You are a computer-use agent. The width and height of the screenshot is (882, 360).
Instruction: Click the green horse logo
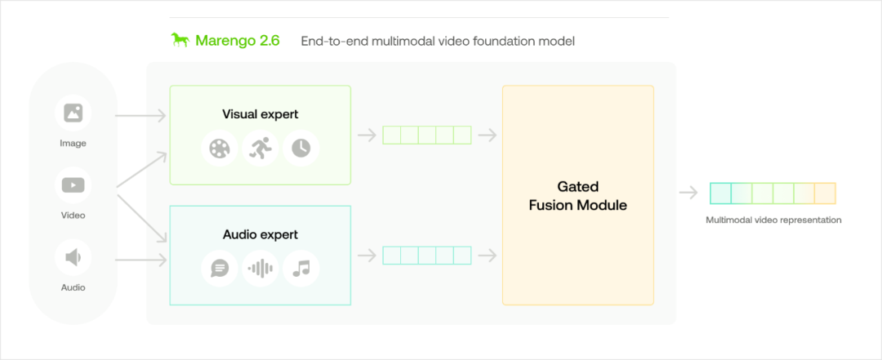coord(180,41)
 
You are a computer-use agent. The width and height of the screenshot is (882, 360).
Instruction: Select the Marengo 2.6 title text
coord(238,41)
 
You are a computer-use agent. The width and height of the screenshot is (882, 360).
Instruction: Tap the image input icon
coord(73,113)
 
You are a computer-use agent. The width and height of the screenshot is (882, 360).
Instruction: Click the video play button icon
coord(73,185)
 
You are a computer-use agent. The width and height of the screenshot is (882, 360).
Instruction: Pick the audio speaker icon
coord(73,258)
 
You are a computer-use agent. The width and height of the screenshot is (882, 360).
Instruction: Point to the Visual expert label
coord(261,114)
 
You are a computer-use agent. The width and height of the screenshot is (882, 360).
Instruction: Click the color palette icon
coord(220,148)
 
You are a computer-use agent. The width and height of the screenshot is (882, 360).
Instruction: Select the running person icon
coord(260,148)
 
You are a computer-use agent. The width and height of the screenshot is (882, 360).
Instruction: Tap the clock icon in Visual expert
coord(301,148)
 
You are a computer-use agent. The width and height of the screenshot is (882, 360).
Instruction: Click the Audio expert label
coord(261,234)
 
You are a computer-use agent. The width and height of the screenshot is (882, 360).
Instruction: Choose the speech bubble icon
coord(220,269)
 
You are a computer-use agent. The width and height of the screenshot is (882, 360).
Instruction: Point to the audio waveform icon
coord(261,269)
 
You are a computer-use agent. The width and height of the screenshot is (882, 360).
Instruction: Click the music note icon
coord(301,269)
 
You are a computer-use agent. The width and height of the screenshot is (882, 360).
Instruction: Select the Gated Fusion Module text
coord(577,196)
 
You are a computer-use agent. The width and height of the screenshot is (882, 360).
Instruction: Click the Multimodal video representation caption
coord(773,220)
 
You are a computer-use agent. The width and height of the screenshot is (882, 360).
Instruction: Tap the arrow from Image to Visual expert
coord(140,116)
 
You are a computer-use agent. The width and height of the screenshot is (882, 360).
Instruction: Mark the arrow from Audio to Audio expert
coord(140,260)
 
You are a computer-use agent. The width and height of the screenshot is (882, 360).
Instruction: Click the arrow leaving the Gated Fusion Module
coord(688,193)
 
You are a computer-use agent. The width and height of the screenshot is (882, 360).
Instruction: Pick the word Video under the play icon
coord(73,216)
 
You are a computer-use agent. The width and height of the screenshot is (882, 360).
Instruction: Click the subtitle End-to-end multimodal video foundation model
coord(438,41)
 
